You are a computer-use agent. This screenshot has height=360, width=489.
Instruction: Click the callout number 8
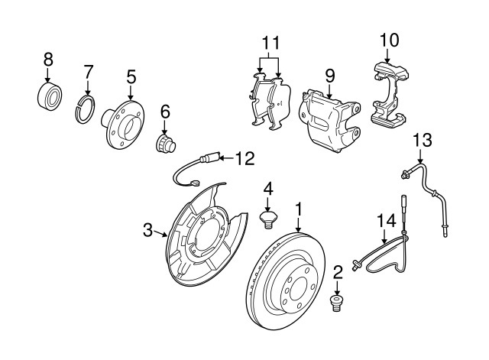pos(47,59)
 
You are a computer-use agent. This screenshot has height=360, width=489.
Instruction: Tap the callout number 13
pos(422,140)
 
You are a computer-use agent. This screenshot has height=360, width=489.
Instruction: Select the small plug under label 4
pos(267,221)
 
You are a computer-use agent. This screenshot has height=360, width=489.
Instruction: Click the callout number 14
pos(387,221)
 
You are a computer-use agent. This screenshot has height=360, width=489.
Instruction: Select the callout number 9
pos(330,75)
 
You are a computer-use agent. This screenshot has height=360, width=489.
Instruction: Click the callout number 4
pos(267,188)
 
